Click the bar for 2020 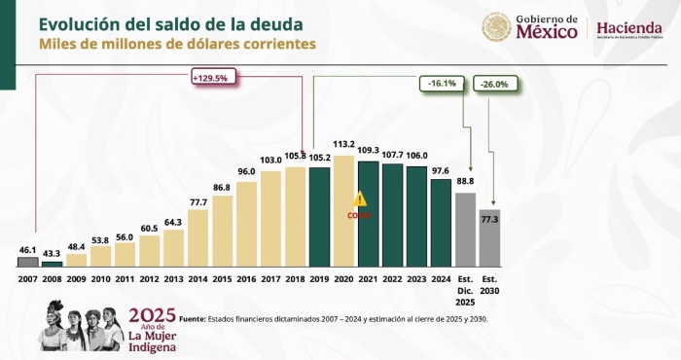344,211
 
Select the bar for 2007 28,261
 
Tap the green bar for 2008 53,263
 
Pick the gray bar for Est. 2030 490,237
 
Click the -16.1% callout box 440,84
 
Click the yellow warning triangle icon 360,198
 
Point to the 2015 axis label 223,278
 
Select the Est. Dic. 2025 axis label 466,288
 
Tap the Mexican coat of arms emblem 496,26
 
